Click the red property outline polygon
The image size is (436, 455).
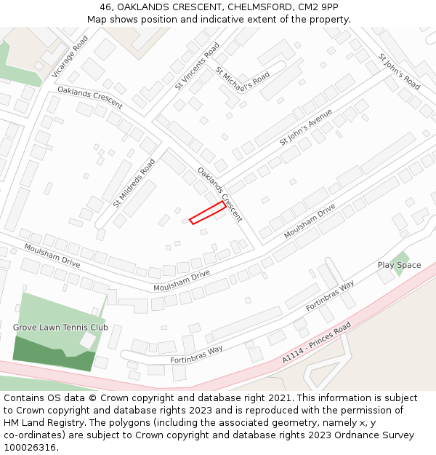coord(208,213)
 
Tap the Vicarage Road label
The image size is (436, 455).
coord(70,57)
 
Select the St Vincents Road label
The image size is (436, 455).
coord(197,66)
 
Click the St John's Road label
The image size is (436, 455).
coord(398,71)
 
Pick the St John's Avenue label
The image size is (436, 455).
coord(306,127)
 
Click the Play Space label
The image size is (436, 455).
coord(399,265)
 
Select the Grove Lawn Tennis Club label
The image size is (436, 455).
coord(60,328)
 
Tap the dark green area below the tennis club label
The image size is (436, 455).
coord(51,355)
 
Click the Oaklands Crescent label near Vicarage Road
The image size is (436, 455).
coord(89,97)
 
